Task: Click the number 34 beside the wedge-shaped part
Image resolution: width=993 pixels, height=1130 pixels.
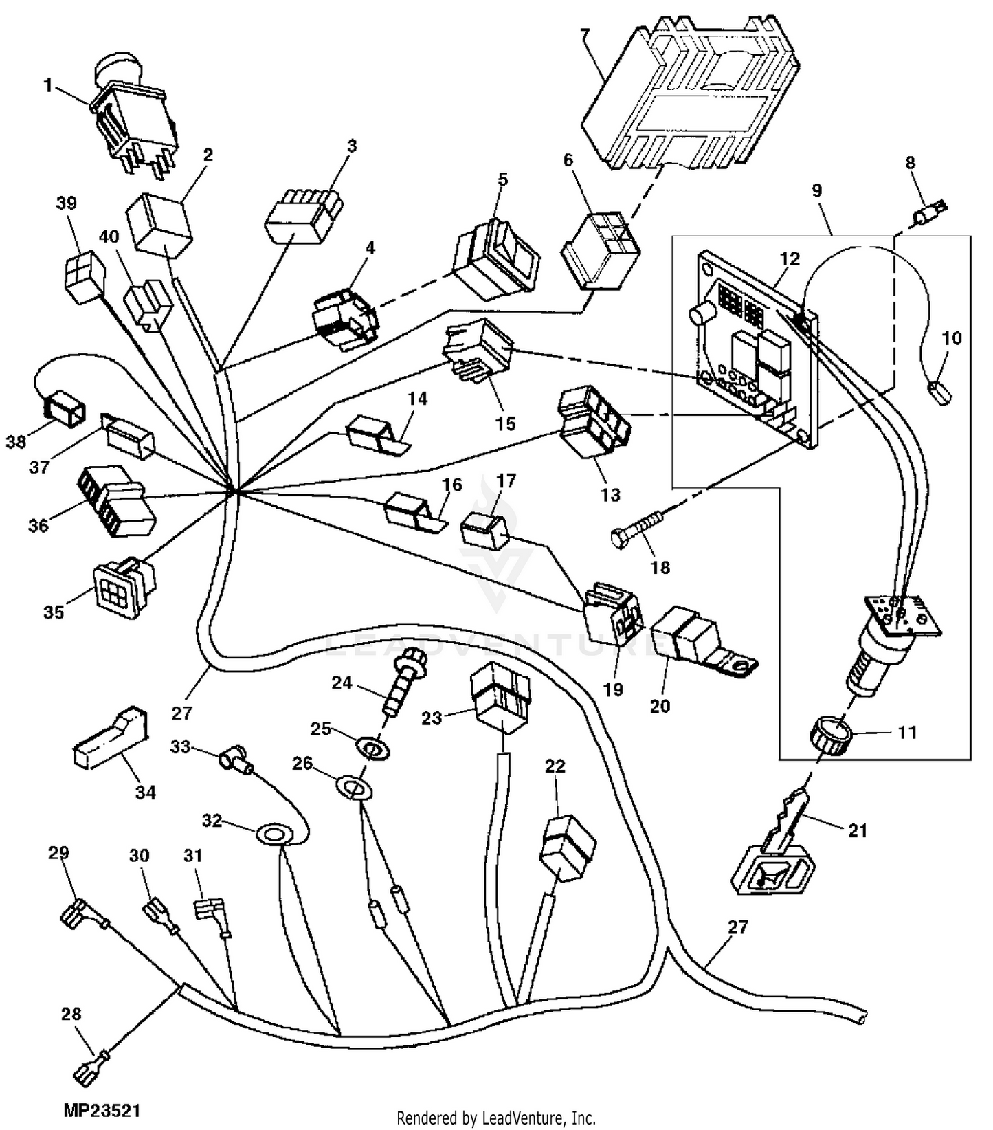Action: (x=145, y=792)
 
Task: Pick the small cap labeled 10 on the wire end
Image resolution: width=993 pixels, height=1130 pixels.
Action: (x=940, y=393)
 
